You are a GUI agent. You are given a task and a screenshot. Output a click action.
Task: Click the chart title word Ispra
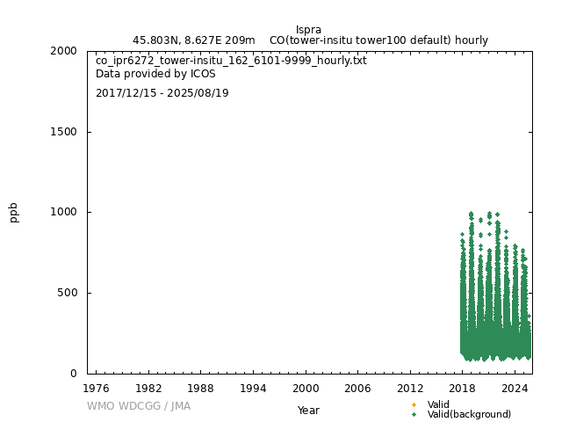click(308, 30)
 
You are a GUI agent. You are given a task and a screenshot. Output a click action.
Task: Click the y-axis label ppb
click(14, 212)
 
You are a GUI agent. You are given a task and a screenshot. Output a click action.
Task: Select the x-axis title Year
click(308, 411)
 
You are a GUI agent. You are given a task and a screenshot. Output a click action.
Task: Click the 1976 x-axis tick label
click(96, 388)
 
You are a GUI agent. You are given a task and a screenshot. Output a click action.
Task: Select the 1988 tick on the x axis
click(200, 388)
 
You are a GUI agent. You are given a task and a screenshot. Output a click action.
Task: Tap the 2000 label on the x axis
click(306, 388)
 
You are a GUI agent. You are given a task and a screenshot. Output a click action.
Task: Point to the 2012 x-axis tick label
click(410, 388)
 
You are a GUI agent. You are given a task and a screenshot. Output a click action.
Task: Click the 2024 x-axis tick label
click(515, 388)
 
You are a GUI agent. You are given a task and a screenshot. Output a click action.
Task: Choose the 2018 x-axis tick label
click(463, 388)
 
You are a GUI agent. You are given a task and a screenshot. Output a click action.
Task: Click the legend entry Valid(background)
click(469, 414)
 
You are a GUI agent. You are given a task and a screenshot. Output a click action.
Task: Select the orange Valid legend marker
click(414, 404)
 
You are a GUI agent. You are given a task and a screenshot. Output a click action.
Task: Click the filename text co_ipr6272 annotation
click(231, 61)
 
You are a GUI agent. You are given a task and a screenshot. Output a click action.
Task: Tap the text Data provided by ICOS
click(155, 75)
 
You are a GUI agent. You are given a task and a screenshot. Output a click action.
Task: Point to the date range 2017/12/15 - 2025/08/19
click(162, 93)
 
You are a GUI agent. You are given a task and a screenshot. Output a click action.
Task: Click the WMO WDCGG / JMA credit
click(139, 406)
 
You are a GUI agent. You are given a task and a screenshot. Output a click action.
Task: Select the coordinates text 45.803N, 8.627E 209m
click(194, 40)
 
